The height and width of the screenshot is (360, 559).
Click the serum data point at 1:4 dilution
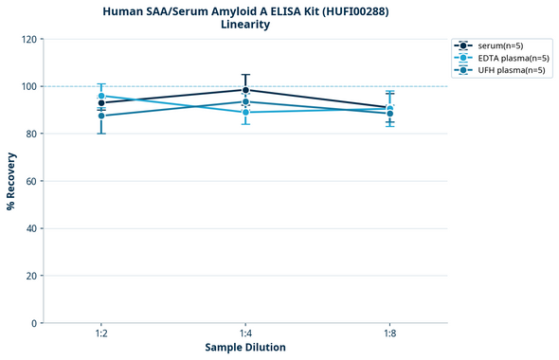pos(245,90)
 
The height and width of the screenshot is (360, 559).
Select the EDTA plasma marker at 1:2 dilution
pos(101,96)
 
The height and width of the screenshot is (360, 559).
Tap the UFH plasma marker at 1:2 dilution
pos(101,116)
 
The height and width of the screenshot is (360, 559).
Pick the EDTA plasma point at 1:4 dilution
pos(245,112)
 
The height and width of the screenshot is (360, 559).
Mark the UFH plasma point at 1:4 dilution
pos(245,101)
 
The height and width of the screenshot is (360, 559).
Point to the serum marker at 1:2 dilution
pos(101,103)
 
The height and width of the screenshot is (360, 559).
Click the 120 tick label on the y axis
pos(27,39)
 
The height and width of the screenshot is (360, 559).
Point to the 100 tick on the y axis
pos(27,86)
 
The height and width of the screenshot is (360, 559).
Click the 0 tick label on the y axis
pos(33,323)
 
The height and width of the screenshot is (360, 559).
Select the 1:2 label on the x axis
pos(101,334)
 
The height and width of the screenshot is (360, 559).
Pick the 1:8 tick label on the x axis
pos(389,334)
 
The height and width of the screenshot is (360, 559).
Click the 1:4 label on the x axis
pos(245,334)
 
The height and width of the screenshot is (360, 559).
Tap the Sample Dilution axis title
pos(245,348)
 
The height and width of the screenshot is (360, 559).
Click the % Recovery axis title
pos(11,181)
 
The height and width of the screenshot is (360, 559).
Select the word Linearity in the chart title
pos(245,25)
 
